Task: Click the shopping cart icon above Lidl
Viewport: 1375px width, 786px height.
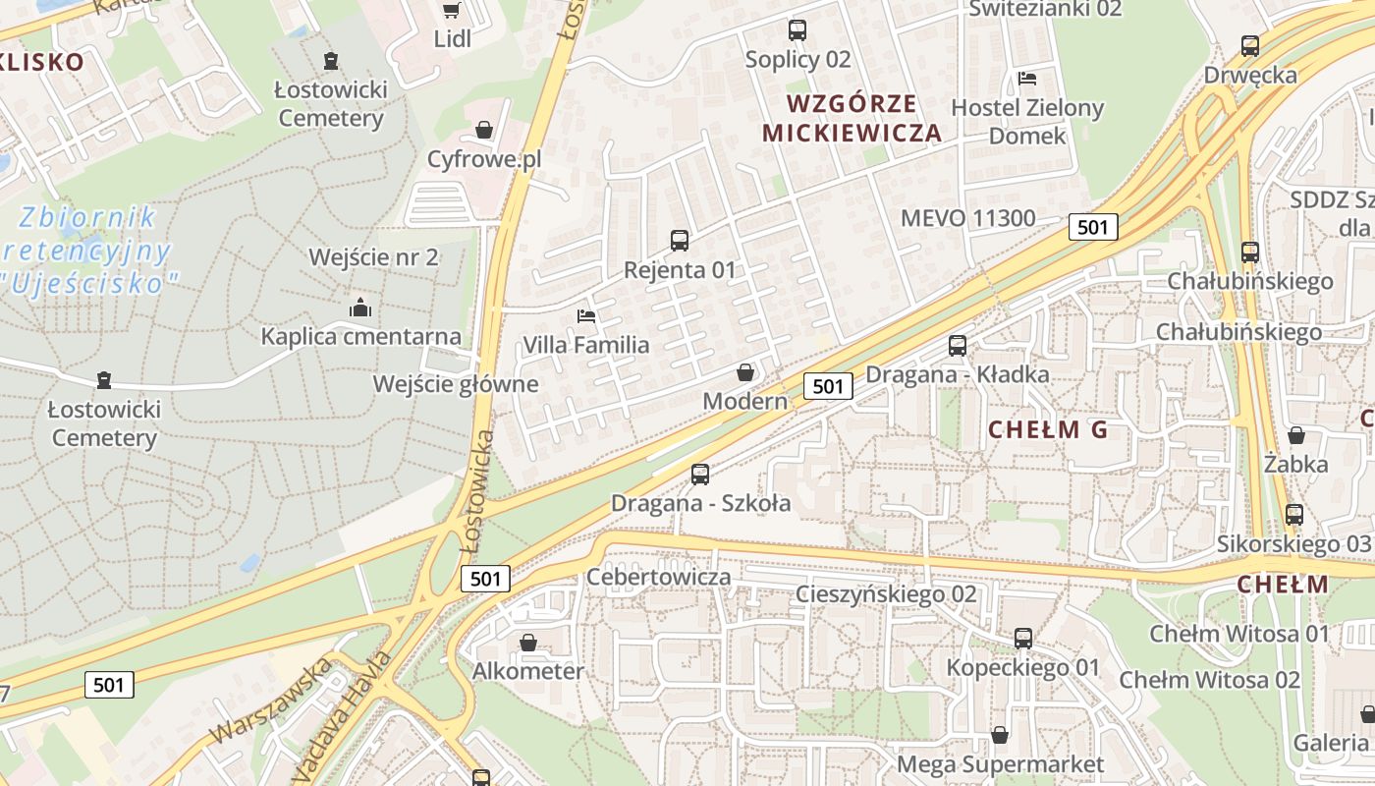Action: [x=451, y=11]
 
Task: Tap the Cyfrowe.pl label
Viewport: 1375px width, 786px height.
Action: [x=484, y=159]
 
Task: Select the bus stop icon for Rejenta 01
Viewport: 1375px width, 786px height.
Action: [x=679, y=240]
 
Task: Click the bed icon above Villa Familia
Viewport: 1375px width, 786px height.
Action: [x=586, y=316]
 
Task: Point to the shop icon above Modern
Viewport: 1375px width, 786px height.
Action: [x=745, y=372]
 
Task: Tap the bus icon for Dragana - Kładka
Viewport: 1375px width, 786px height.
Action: [x=957, y=346]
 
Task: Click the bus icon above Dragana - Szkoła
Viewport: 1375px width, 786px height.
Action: [x=700, y=475]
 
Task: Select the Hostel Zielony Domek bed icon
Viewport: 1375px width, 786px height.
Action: [x=1027, y=79]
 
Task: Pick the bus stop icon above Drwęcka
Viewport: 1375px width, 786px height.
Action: [x=1249, y=46]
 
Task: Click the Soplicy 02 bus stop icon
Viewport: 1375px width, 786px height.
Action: [x=797, y=30]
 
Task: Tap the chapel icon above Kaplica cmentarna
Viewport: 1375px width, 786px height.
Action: [x=360, y=308]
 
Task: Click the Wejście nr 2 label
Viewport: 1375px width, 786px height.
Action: [x=373, y=257]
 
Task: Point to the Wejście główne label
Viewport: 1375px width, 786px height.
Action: [x=456, y=384]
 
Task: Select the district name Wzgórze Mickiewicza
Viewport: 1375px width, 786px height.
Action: [x=852, y=118]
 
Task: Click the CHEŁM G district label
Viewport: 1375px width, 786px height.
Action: [x=1047, y=429]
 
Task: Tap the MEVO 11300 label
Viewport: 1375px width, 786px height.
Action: [x=967, y=218]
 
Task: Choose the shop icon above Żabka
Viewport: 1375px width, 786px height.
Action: [x=1296, y=435]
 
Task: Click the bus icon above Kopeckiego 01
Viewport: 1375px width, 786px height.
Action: [x=1023, y=639]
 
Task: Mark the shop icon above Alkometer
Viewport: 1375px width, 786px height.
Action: [x=528, y=643]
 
